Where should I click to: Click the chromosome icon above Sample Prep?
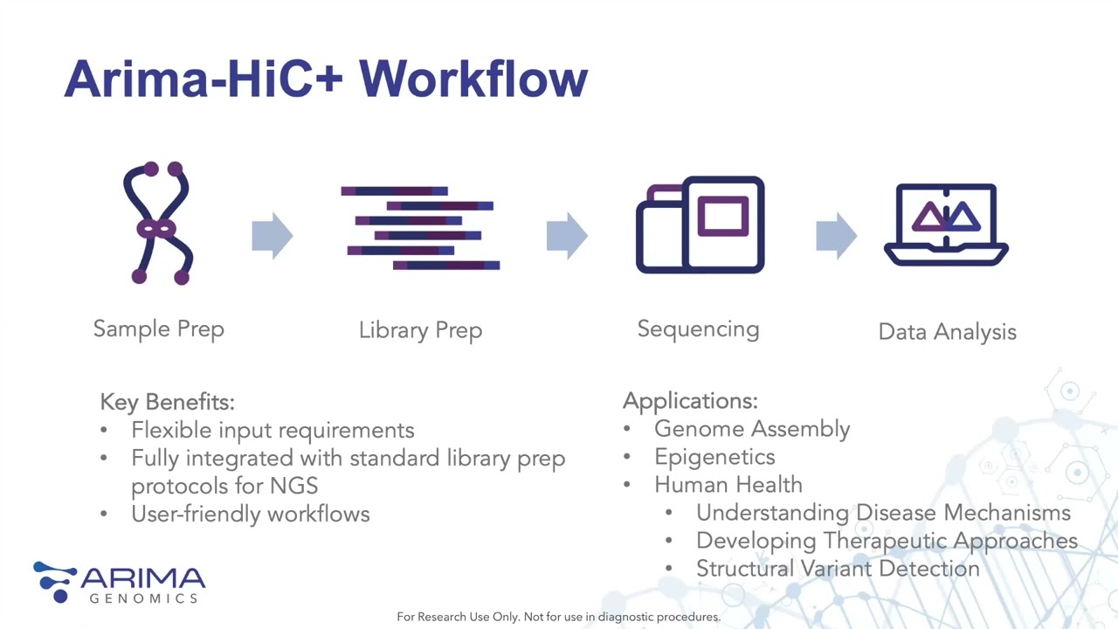tap(158, 224)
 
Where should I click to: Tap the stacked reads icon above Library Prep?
tap(420, 227)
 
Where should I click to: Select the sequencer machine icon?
tap(700, 225)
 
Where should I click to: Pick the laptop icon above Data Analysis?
tap(947, 225)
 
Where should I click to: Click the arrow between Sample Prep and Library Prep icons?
tap(272, 235)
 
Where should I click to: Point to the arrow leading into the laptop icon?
tap(836, 235)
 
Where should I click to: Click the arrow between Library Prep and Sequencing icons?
tap(567, 235)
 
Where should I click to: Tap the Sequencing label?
tap(698, 329)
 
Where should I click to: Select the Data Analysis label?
tap(947, 332)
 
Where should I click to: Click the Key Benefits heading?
tap(167, 402)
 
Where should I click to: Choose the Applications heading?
tap(690, 401)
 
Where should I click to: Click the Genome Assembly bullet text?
tap(751, 429)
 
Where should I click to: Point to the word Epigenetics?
tap(714, 457)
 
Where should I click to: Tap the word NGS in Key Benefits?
tap(293, 486)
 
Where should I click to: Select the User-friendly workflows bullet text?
tap(250, 514)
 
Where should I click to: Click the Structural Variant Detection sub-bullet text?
tap(838, 569)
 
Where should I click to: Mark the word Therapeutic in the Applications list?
tap(885, 541)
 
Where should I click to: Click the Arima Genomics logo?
tap(120, 583)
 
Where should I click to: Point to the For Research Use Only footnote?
tap(558, 617)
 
